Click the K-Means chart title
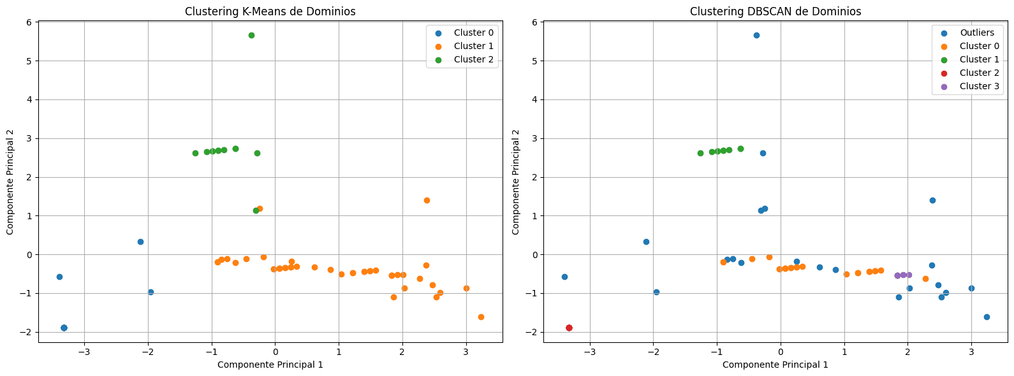(x=270, y=11)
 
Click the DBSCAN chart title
(x=775, y=11)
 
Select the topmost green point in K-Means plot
(x=251, y=35)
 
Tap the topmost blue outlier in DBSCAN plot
(x=756, y=35)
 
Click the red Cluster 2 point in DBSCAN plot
(x=569, y=328)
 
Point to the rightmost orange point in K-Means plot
(x=481, y=317)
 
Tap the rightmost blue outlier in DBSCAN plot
(x=987, y=317)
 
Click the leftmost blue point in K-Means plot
(x=59, y=277)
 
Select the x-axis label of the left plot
(x=270, y=365)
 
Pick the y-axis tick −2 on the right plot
(x=534, y=332)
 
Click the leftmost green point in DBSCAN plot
(x=700, y=153)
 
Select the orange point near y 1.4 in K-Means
(x=427, y=200)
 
